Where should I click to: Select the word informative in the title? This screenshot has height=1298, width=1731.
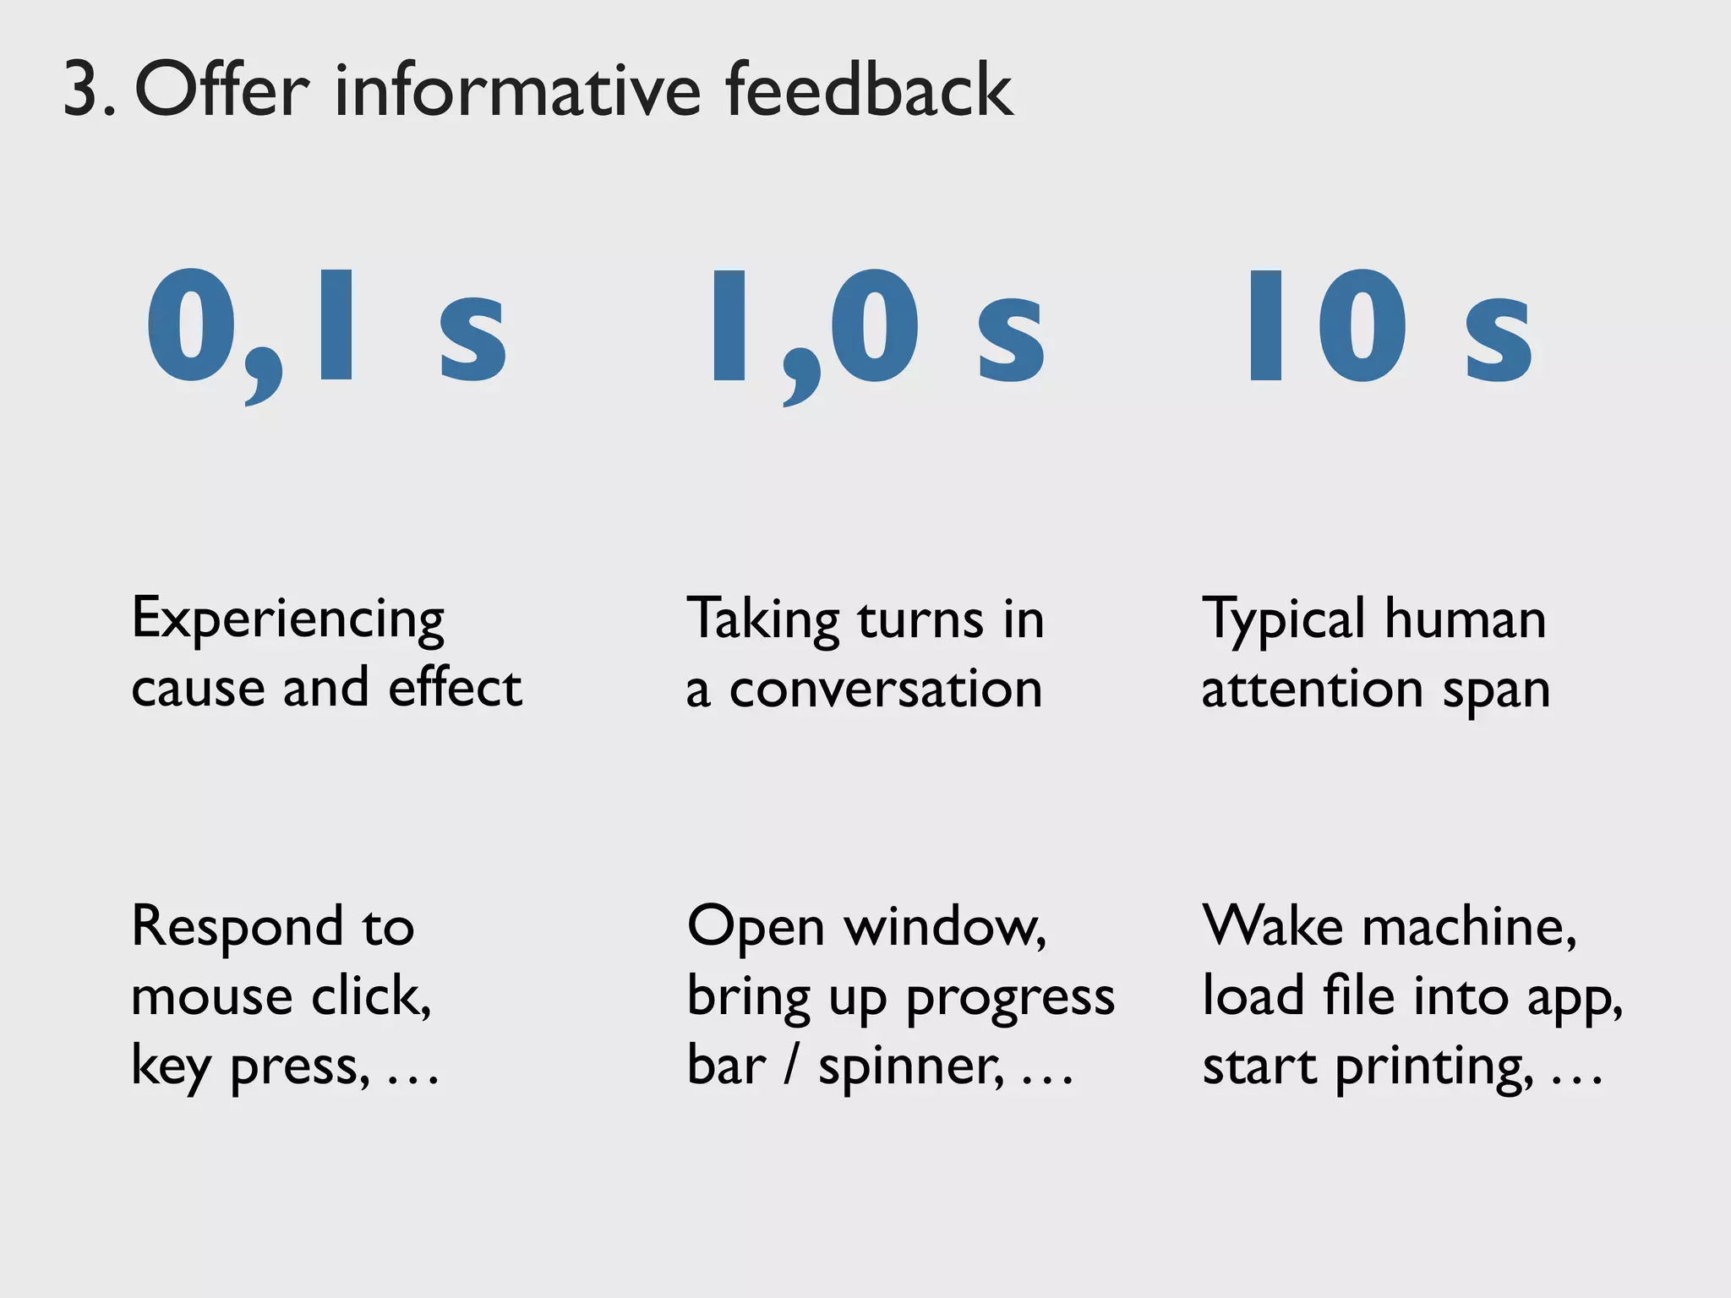point(517,90)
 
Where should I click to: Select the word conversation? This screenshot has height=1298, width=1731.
point(886,690)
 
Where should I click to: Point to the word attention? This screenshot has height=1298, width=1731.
point(1309,690)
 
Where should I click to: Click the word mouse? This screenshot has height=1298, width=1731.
point(211,997)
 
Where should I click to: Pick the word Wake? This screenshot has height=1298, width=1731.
point(1273,927)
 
